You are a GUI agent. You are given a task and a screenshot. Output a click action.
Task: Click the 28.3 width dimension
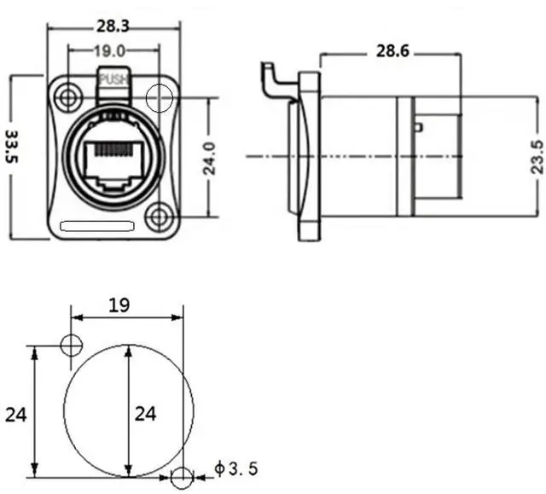pos(113,26)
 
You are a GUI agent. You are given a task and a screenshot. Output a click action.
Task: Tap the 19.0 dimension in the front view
pos(110,51)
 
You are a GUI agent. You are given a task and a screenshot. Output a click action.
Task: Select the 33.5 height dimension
pos(13,146)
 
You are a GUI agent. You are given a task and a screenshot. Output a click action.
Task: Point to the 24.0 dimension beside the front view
pos(209,158)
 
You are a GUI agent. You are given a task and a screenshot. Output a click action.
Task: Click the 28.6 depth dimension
pos(392,51)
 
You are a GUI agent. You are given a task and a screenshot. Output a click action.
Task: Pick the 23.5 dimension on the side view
pos(537,157)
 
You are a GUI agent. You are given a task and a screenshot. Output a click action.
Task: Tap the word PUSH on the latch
pos(113,79)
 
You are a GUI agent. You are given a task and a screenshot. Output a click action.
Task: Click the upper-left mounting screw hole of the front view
pos(68,97)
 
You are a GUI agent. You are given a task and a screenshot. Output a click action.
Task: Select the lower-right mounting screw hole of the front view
pos(160,217)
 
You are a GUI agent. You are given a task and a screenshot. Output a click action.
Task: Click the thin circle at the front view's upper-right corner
pos(160,84)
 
